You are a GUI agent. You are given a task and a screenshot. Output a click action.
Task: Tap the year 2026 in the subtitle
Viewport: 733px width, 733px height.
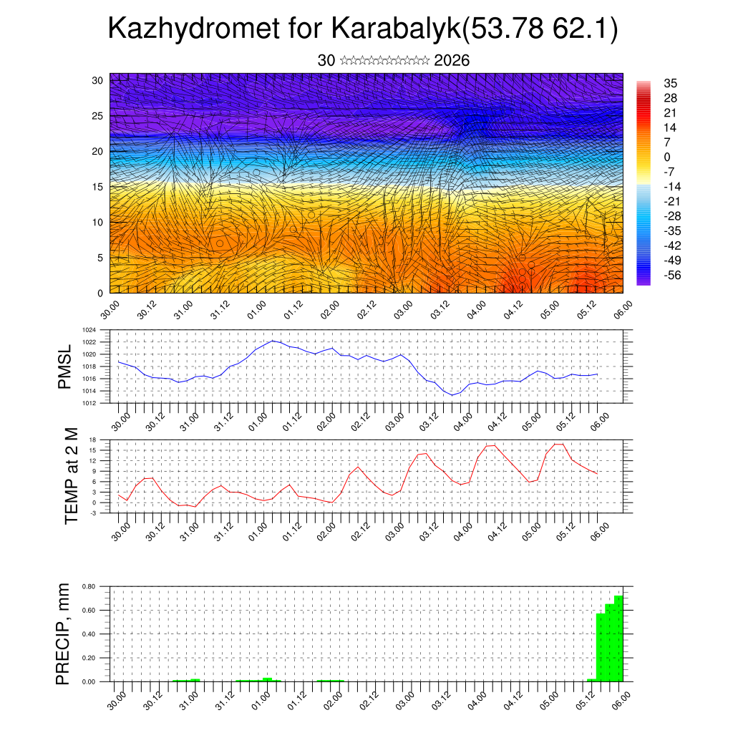click(452, 61)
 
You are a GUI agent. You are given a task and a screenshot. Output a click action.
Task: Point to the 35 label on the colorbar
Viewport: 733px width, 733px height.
click(671, 83)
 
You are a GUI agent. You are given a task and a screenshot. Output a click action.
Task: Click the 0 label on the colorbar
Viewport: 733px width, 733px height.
click(668, 157)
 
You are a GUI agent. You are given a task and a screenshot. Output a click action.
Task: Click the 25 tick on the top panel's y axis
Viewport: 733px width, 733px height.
click(97, 115)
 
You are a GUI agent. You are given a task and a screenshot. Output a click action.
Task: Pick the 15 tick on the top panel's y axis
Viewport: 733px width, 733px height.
click(97, 187)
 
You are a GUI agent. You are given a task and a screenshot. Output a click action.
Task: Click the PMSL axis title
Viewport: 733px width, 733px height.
click(65, 368)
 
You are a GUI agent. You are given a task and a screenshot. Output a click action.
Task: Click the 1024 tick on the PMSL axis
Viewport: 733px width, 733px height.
click(88, 330)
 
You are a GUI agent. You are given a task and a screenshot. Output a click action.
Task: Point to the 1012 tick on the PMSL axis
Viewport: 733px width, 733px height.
click(88, 403)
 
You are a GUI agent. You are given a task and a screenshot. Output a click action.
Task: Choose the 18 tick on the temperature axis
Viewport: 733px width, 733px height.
click(92, 440)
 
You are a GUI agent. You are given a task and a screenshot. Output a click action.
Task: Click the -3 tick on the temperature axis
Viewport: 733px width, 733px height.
click(92, 513)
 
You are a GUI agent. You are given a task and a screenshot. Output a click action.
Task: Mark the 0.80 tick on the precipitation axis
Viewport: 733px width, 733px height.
click(88, 586)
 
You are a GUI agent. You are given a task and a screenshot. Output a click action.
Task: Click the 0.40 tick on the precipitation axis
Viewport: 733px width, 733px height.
click(88, 634)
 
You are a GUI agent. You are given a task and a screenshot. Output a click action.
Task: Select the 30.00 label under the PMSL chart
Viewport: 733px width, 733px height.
click(122, 418)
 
